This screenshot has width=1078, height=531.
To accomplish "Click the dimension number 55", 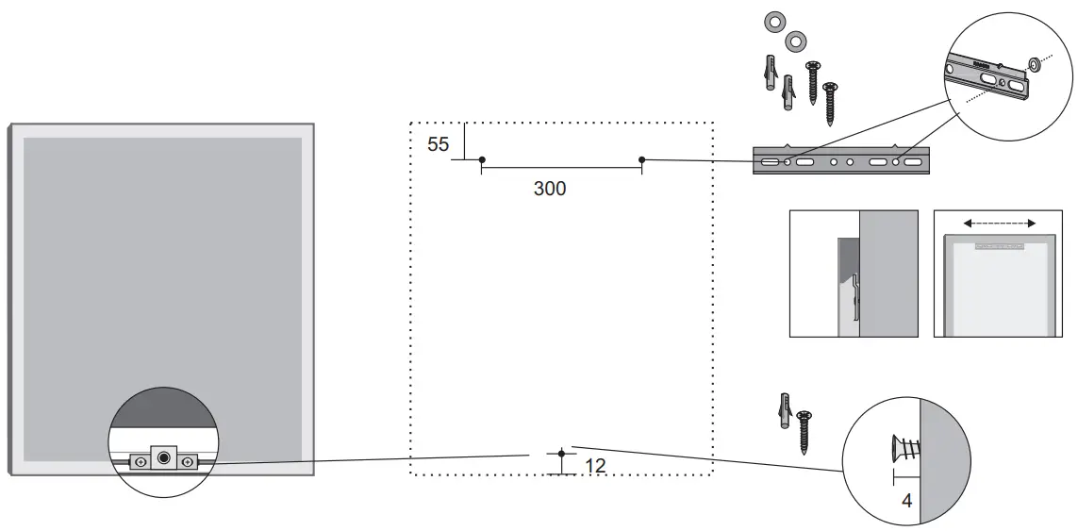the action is (x=438, y=144).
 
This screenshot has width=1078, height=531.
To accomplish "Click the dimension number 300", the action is (x=550, y=189).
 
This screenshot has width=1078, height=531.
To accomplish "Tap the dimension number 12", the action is (x=595, y=466).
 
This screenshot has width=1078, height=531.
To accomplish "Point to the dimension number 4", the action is (x=906, y=501).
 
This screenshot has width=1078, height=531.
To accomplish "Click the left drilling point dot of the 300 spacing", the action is (x=482, y=159).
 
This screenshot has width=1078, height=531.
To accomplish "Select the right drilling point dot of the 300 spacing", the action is (x=642, y=159).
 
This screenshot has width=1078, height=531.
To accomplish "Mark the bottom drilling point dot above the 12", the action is (x=562, y=454).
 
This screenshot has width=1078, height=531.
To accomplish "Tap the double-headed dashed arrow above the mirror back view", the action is (x=1000, y=224).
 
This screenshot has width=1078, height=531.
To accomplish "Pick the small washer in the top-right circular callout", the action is (x=1033, y=64).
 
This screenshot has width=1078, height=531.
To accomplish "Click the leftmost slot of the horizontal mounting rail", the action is (x=770, y=163).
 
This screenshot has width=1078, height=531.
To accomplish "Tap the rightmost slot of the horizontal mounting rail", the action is (x=913, y=163).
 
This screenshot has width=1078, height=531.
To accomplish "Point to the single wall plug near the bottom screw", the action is (x=783, y=411).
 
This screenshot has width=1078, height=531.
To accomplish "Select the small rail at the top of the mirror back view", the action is (x=1000, y=244).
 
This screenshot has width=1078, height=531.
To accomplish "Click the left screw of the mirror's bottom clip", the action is (x=141, y=462).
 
